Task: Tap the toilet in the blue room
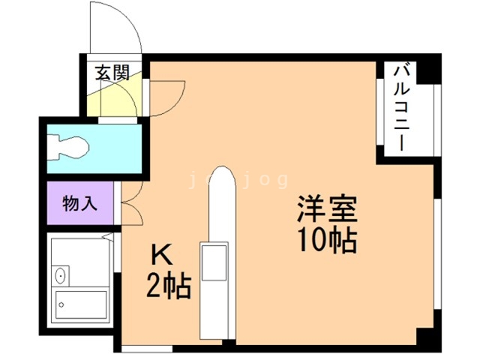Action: click(67, 148)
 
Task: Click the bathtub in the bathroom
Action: click(82, 304)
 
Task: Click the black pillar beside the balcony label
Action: click(425, 72)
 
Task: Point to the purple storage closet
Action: click(81, 203)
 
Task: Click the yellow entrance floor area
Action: click(112, 97)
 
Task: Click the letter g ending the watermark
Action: click(282, 181)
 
